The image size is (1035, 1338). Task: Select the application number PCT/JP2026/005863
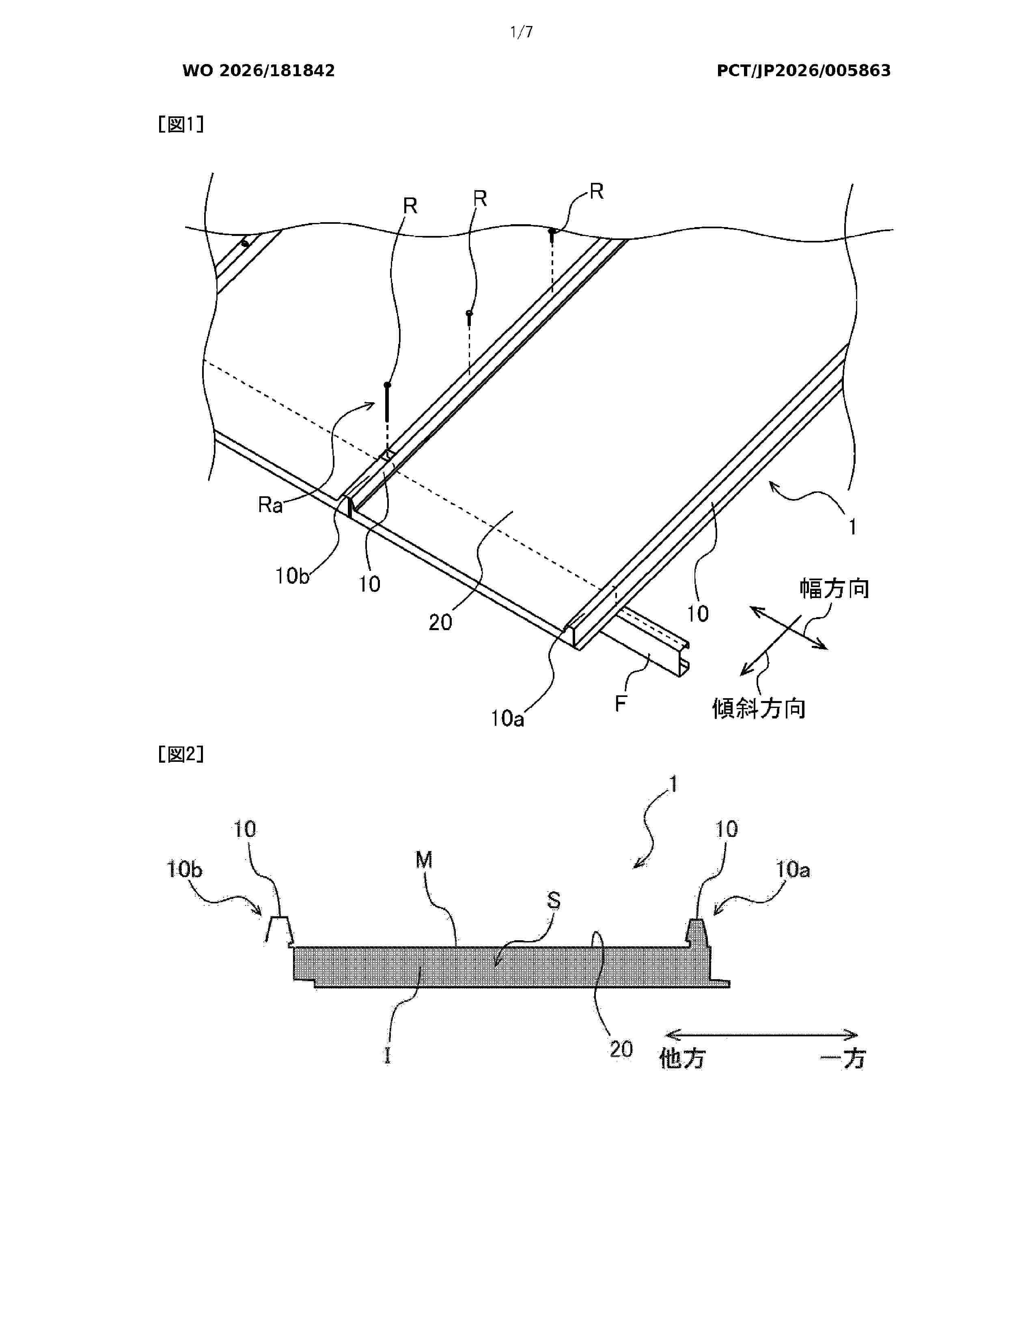point(803,71)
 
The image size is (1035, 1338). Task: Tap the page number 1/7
point(522,32)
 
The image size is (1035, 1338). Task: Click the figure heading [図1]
point(181,124)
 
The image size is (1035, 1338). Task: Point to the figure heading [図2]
point(181,754)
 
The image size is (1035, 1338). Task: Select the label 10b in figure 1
point(292,576)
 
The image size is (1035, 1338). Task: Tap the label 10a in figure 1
point(507,718)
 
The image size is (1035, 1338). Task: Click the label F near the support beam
point(621,703)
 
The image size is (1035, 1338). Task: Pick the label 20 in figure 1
point(440,622)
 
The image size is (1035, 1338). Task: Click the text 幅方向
point(834,588)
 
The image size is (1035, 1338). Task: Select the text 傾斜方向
point(759,709)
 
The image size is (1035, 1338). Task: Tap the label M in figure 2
point(424,860)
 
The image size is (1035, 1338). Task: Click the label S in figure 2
point(554,901)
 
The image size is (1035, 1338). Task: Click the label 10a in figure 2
point(793,869)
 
